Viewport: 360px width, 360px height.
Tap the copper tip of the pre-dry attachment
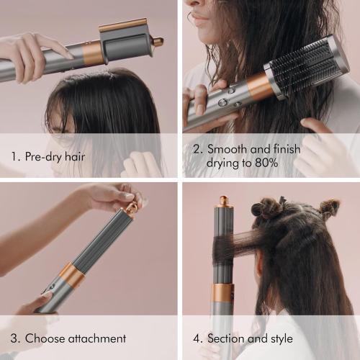click(x=158, y=42)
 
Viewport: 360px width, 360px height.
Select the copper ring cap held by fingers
click(x=132, y=209)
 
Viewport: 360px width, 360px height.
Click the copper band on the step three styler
click(x=70, y=274)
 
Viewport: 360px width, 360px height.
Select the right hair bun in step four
click(x=328, y=208)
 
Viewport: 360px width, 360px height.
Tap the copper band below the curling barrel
click(x=222, y=292)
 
